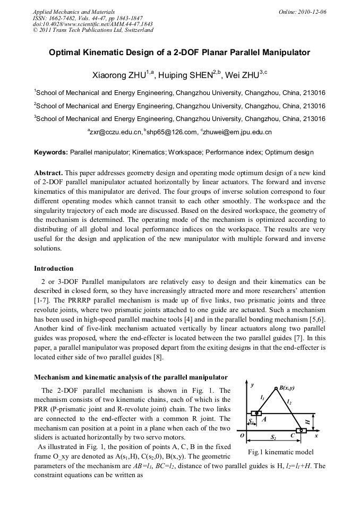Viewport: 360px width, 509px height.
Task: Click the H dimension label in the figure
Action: (x=308, y=421)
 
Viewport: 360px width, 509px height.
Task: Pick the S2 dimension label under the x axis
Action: (x=273, y=437)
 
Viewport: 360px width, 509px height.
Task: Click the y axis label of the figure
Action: (x=253, y=383)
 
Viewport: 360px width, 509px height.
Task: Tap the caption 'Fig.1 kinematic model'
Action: (x=281, y=452)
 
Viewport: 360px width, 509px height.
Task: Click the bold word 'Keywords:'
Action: (x=51, y=152)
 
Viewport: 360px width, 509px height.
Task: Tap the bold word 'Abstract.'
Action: (x=49, y=174)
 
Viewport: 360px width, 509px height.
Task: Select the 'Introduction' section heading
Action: (x=54, y=269)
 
